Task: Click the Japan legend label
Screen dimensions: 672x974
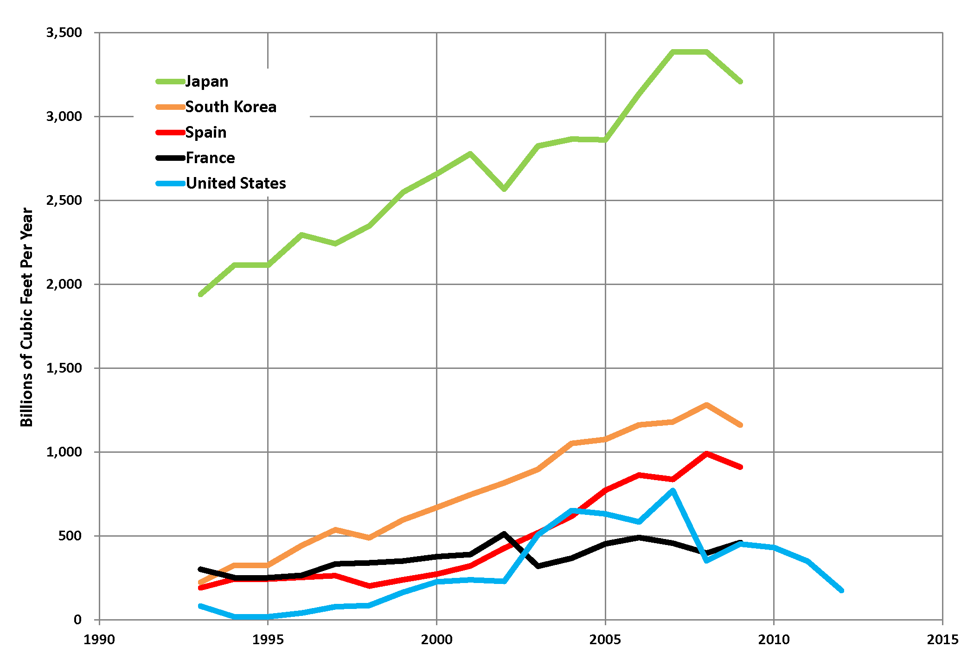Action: click(207, 82)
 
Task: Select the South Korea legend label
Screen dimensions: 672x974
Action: click(231, 107)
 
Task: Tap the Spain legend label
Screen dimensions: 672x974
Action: click(206, 133)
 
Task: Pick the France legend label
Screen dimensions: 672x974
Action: click(210, 158)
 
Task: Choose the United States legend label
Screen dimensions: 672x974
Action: click(236, 184)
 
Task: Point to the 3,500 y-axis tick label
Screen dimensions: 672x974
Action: click(64, 32)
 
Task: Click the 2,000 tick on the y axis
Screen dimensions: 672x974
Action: click(64, 284)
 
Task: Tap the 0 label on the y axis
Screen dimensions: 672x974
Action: click(77, 620)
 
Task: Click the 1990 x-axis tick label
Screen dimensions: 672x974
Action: click(99, 640)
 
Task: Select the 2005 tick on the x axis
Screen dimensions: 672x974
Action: click(605, 640)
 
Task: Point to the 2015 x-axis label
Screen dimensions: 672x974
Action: click(942, 640)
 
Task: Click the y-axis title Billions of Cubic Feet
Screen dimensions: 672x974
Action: click(27, 317)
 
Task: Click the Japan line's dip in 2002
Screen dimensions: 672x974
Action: click(504, 189)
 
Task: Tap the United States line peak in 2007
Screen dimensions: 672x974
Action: click(673, 490)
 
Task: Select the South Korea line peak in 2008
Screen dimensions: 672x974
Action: click(706, 405)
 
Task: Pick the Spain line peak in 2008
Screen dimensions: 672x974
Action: click(706, 454)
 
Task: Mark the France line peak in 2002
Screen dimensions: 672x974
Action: click(504, 534)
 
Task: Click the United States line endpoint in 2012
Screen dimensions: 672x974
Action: click(841, 590)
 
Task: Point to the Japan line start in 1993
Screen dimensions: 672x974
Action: click(200, 294)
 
